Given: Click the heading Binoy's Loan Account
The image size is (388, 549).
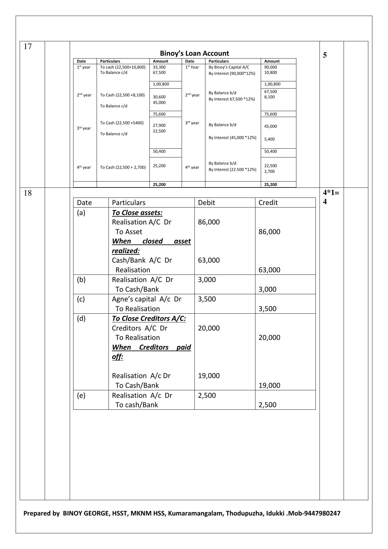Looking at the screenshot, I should (194, 53).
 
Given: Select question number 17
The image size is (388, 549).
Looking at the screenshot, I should (28, 47).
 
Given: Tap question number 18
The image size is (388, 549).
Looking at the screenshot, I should (28, 193).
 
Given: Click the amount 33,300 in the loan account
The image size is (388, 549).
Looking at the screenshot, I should (159, 67).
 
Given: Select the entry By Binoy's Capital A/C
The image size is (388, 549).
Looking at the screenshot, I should (229, 67).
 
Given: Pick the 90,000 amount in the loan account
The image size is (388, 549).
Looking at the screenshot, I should (270, 67).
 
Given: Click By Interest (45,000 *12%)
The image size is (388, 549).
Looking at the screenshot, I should (232, 137).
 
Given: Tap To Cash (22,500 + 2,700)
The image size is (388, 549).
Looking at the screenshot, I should (123, 167).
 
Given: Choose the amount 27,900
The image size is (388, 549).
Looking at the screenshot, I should (159, 125).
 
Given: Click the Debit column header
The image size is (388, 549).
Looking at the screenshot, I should (206, 203).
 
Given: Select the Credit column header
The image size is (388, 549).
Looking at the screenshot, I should (268, 203).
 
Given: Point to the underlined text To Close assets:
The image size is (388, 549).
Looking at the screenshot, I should (137, 213).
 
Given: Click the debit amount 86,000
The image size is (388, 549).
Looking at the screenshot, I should (209, 222).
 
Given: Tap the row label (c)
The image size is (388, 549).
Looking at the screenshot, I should (81, 299).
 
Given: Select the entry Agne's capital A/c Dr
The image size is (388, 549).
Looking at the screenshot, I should (147, 299).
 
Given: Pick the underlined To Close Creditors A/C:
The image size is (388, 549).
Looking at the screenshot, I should (149, 318).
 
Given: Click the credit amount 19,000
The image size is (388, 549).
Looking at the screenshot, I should (270, 385).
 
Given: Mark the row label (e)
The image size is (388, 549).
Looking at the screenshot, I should (81, 395).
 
